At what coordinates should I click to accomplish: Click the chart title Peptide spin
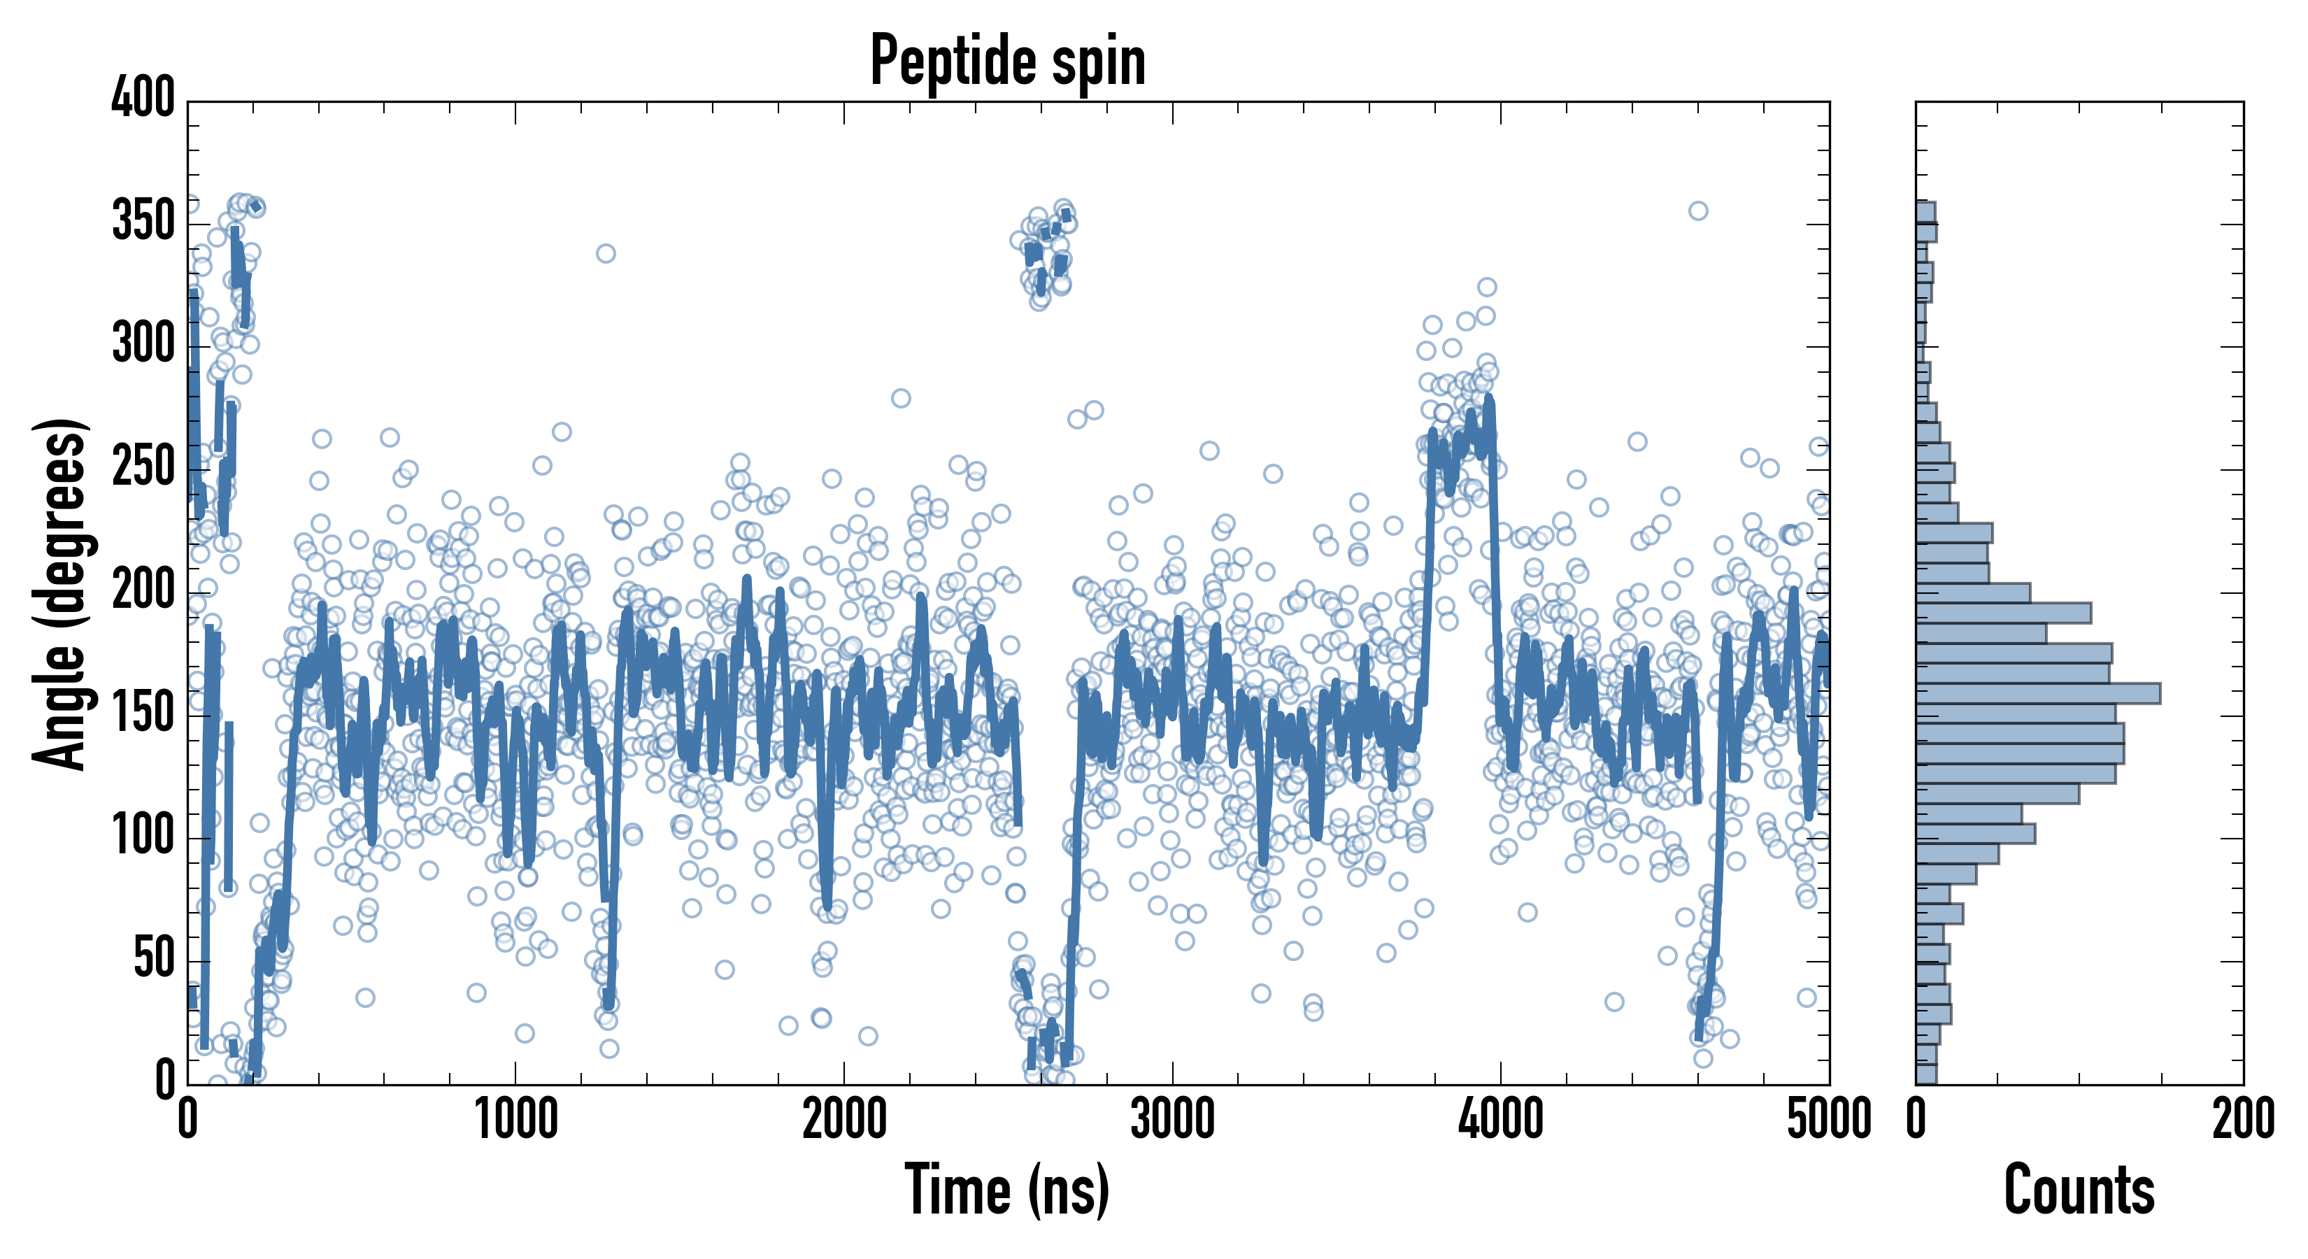click(1008, 61)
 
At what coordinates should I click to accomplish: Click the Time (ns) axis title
click(1008, 1189)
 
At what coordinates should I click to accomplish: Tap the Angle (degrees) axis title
click(60, 593)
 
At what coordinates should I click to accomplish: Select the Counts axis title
click(2079, 1189)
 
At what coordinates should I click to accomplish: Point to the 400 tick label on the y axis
click(143, 97)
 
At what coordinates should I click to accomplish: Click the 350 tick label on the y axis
click(143, 220)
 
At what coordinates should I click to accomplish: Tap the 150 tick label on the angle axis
click(143, 713)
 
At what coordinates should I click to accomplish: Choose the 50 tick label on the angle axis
click(154, 959)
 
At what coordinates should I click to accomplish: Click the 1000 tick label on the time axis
click(516, 1120)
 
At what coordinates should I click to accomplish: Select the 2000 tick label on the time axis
click(844, 1120)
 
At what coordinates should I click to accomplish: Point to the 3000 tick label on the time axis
click(1172, 1120)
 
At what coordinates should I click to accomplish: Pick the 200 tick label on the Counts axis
click(2242, 1120)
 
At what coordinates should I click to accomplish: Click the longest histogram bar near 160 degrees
click(2037, 692)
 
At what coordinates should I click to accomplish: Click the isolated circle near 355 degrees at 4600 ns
click(1698, 211)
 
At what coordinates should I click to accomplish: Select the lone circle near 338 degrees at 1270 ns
click(606, 254)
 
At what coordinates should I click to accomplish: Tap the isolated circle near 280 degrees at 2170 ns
click(900, 398)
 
